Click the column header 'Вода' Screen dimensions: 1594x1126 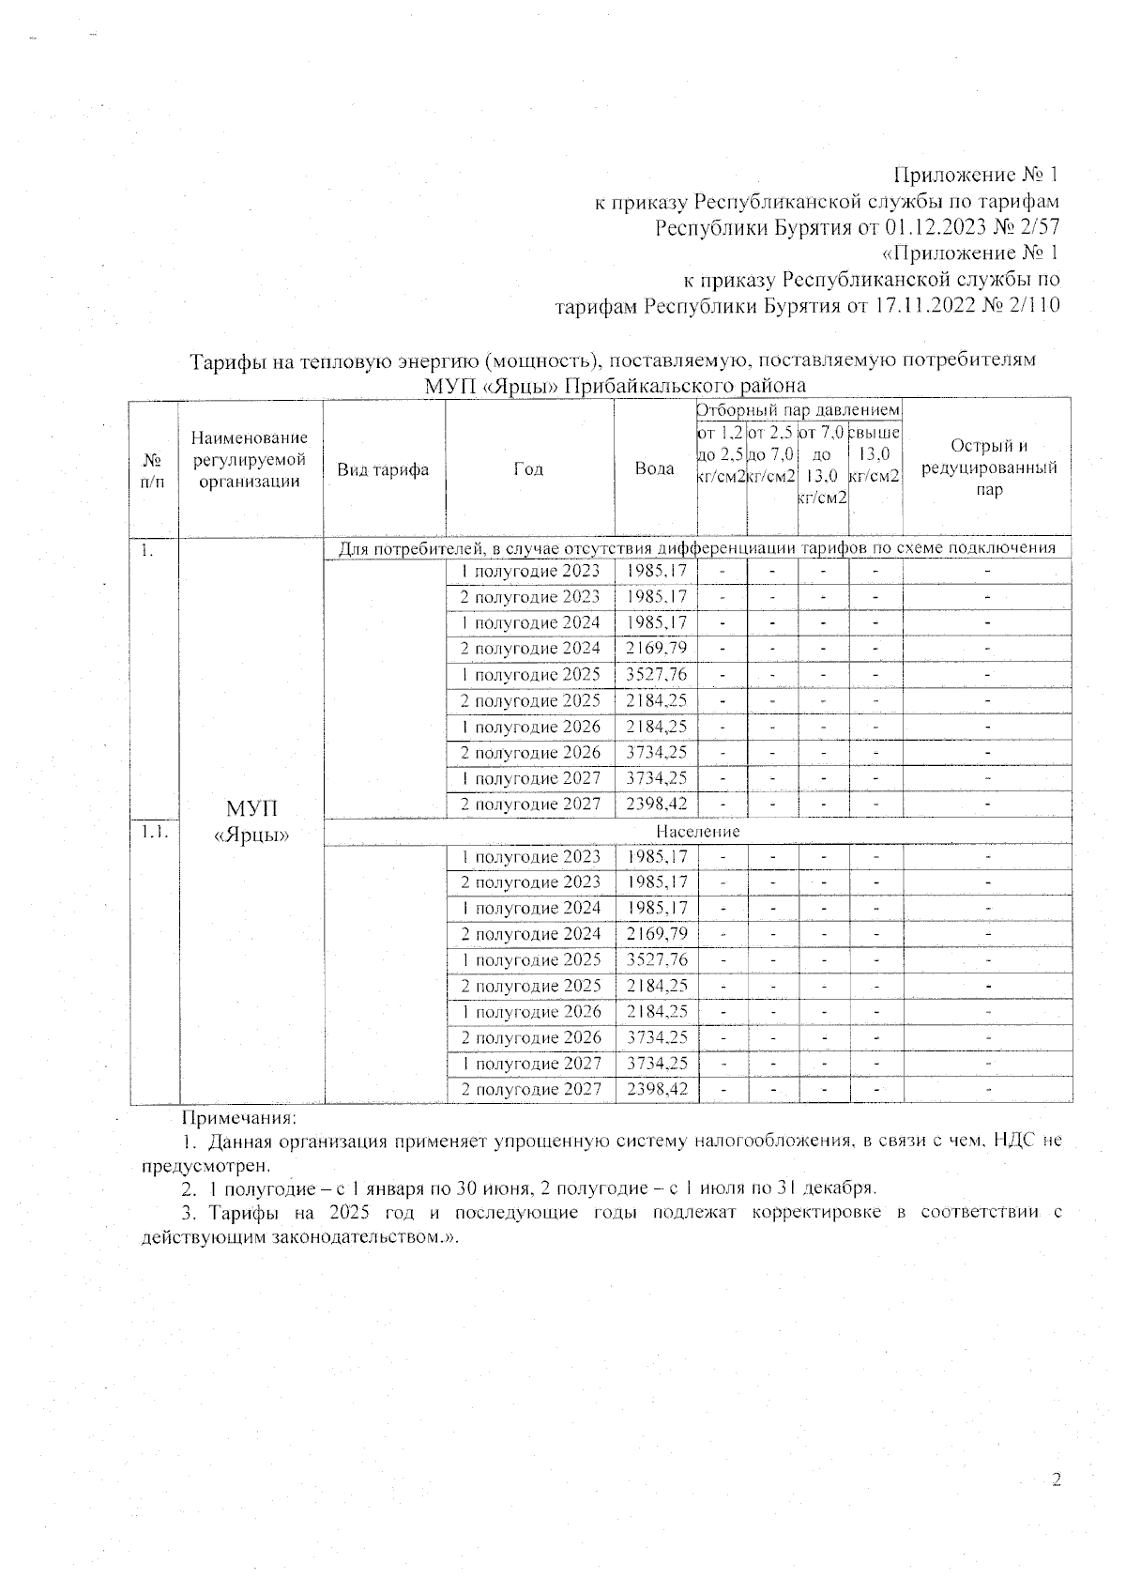click(x=655, y=468)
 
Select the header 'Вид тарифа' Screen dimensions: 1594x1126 click(x=383, y=469)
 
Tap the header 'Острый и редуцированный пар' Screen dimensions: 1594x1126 click(x=989, y=467)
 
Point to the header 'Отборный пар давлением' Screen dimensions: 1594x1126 click(x=799, y=410)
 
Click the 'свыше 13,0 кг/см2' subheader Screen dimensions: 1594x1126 click(x=875, y=454)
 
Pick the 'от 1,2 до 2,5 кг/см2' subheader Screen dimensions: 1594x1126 click(x=722, y=454)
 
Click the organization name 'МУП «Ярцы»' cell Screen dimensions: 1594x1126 click(x=251, y=821)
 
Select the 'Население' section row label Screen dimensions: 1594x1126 click(x=697, y=832)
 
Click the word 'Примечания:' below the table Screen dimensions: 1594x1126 click(x=238, y=1118)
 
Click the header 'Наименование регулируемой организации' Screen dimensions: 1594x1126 click(x=250, y=460)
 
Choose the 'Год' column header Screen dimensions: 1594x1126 click(x=528, y=469)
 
